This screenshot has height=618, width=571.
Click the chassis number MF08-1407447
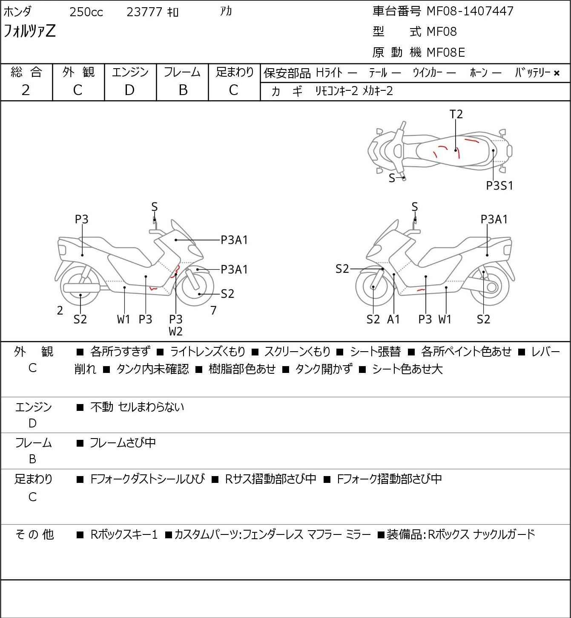pyautogui.click(x=470, y=11)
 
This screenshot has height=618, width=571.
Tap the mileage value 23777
pyautogui.click(x=144, y=12)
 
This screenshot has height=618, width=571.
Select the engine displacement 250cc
pyautogui.click(x=86, y=12)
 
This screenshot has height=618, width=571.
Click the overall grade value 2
pyautogui.click(x=26, y=90)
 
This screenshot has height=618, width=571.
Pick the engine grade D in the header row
pyautogui.click(x=129, y=90)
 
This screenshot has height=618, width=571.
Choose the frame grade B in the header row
pyautogui.click(x=183, y=90)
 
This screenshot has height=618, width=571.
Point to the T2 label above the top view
pyautogui.click(x=456, y=114)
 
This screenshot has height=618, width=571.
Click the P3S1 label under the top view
pyautogui.click(x=499, y=186)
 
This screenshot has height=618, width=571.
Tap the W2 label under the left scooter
pyautogui.click(x=175, y=331)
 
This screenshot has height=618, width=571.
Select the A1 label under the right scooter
pyautogui.click(x=393, y=319)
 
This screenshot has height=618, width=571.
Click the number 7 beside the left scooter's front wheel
pyautogui.click(x=213, y=311)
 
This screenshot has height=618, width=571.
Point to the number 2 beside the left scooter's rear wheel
pyautogui.click(x=60, y=311)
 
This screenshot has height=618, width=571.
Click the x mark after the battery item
pyautogui.click(x=557, y=73)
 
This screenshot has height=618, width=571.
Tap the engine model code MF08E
pyautogui.click(x=445, y=52)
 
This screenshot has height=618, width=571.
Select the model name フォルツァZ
pyautogui.click(x=30, y=31)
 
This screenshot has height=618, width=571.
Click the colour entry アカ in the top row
pyautogui.click(x=226, y=12)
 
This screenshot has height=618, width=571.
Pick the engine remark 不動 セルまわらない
pyautogui.click(x=137, y=407)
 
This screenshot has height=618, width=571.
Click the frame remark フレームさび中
pyautogui.click(x=123, y=443)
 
